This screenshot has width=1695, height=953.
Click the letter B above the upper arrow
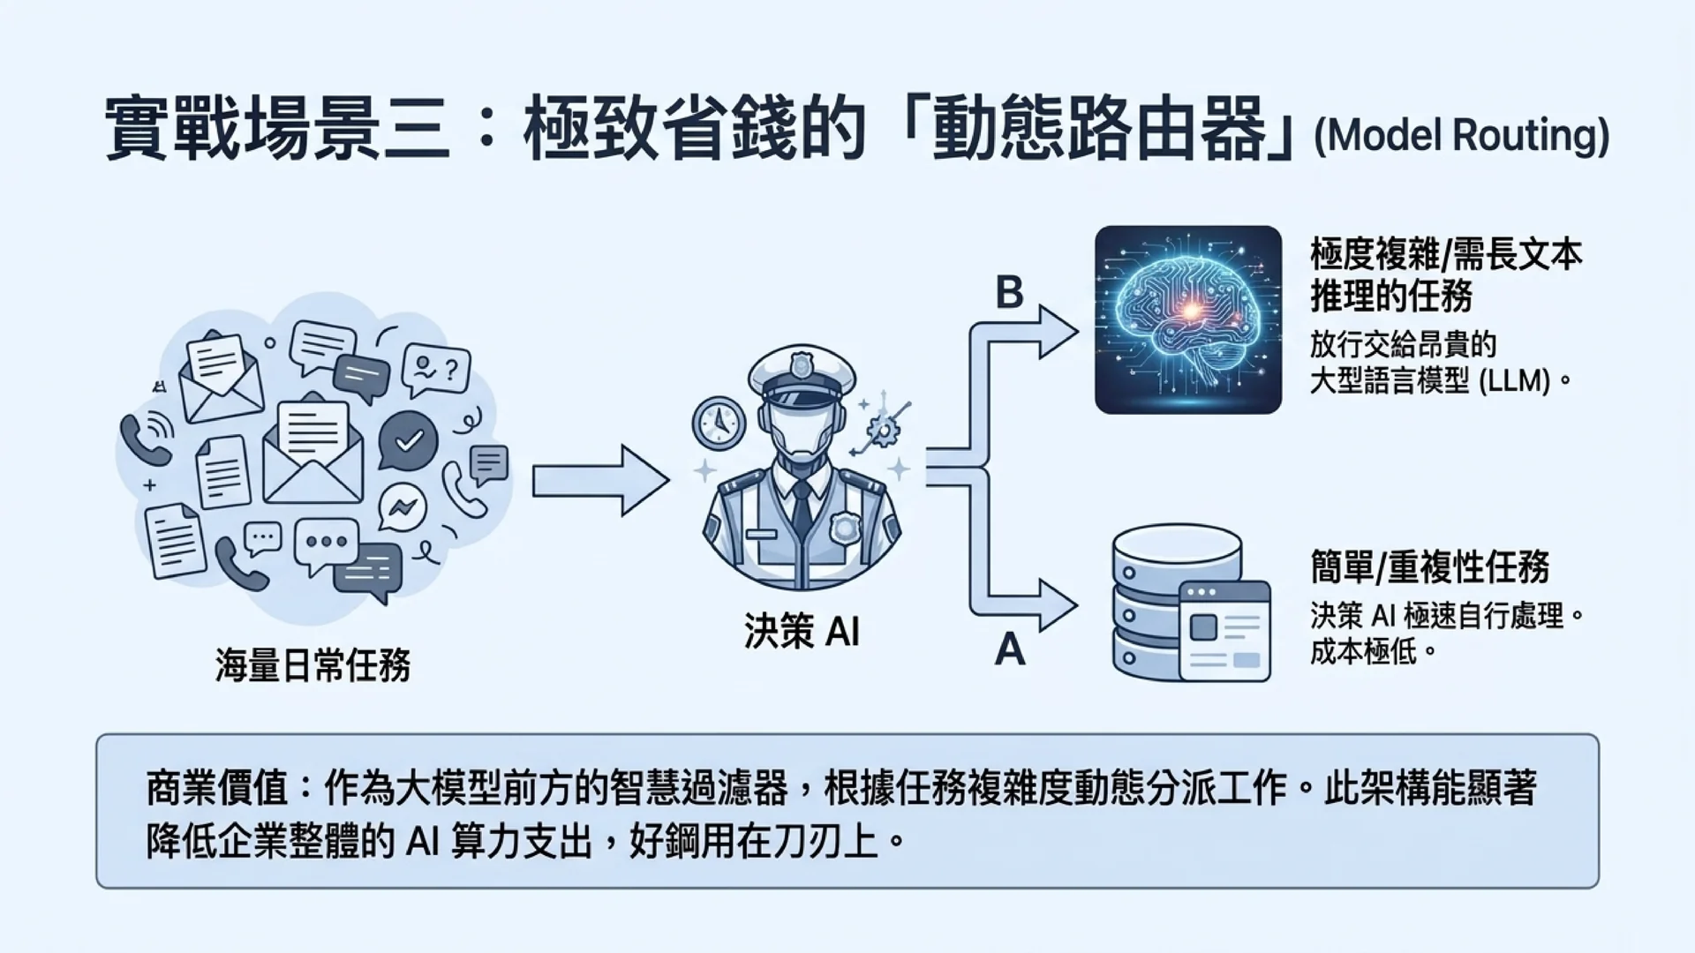[1009, 292]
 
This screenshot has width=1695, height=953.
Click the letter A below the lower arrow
[1010, 649]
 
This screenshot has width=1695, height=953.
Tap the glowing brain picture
[1187, 319]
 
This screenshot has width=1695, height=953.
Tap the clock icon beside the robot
[719, 424]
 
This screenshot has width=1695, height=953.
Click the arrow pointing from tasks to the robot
[600, 481]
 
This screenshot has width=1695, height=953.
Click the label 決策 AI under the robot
[802, 631]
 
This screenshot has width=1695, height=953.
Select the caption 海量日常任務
[313, 664]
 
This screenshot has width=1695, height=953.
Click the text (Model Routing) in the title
[1461, 136]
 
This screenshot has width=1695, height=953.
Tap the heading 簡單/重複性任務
[1429, 567]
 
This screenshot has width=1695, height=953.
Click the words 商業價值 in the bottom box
[218, 788]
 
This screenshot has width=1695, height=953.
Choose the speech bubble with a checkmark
[408, 440]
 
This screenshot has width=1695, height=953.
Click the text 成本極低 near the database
[1363, 652]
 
